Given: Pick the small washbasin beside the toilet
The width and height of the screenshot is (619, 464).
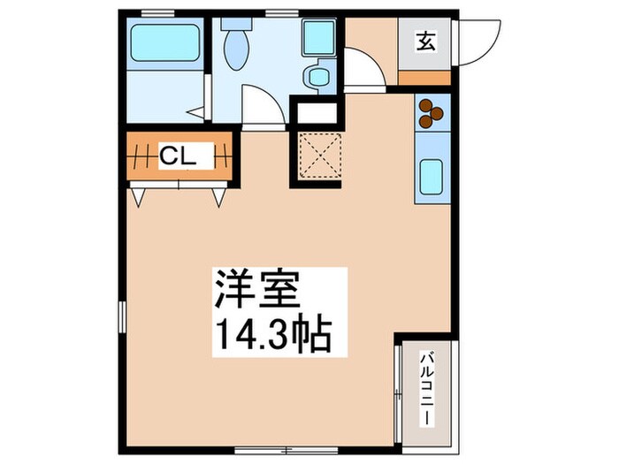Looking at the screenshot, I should [317, 75].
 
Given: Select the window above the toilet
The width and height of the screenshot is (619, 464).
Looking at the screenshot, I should [280, 12].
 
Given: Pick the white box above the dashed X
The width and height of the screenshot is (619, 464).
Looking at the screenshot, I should [317, 112].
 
